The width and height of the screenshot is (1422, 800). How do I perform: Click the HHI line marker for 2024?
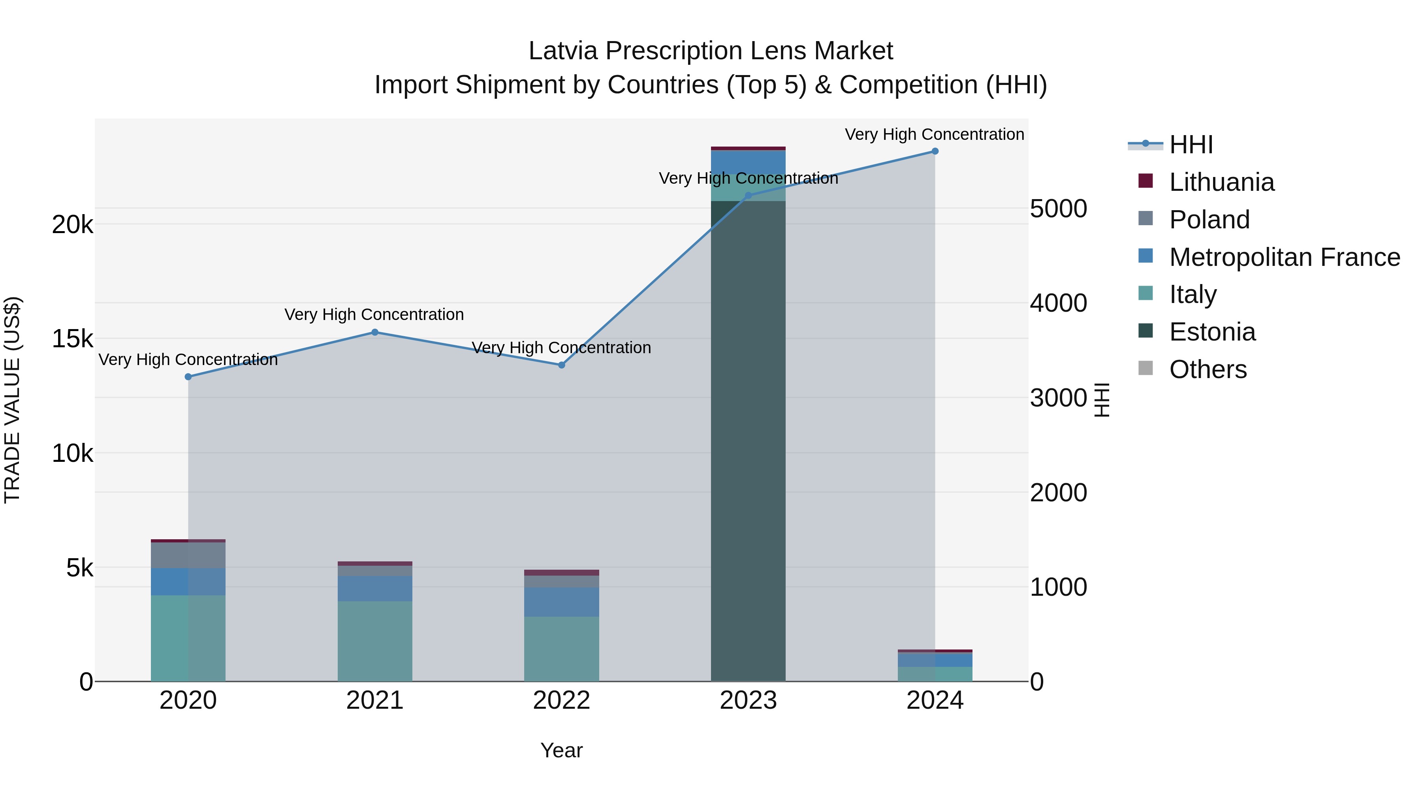point(935,151)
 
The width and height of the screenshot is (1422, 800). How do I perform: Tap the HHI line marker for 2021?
point(375,332)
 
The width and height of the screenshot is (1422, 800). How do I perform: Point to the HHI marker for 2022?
point(561,365)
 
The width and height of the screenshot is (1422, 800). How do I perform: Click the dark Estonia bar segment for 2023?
point(748,442)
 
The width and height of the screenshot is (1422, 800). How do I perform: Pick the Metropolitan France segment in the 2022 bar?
point(561,602)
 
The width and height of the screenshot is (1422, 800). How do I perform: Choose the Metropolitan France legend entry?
point(1284,257)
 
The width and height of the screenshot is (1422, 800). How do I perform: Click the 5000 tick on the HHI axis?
point(1058,209)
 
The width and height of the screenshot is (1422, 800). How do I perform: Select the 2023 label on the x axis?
point(748,700)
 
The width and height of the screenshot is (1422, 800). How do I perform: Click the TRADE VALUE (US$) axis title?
point(12,400)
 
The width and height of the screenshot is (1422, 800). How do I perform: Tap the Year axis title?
point(561,750)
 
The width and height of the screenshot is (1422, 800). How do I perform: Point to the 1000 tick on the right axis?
point(1058,587)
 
